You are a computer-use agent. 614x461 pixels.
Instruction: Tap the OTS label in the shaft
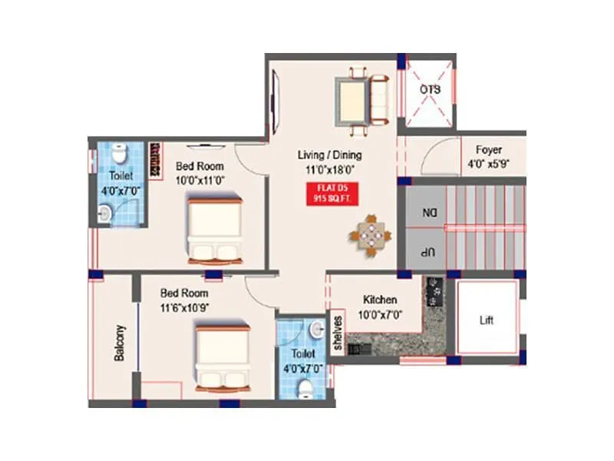(x=431, y=90)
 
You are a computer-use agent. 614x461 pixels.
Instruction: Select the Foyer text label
(x=489, y=150)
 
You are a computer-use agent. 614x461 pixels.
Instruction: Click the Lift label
(x=487, y=320)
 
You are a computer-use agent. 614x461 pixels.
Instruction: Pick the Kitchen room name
(x=380, y=300)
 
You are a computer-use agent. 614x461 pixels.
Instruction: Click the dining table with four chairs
(x=371, y=234)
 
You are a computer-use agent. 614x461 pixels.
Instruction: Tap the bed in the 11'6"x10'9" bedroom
(x=223, y=356)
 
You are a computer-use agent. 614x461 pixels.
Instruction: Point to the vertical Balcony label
(x=119, y=343)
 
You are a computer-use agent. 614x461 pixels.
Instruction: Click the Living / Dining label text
(x=329, y=155)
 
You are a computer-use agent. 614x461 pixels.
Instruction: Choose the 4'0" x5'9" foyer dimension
(x=489, y=164)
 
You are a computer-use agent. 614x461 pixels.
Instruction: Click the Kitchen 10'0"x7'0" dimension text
(x=380, y=314)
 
